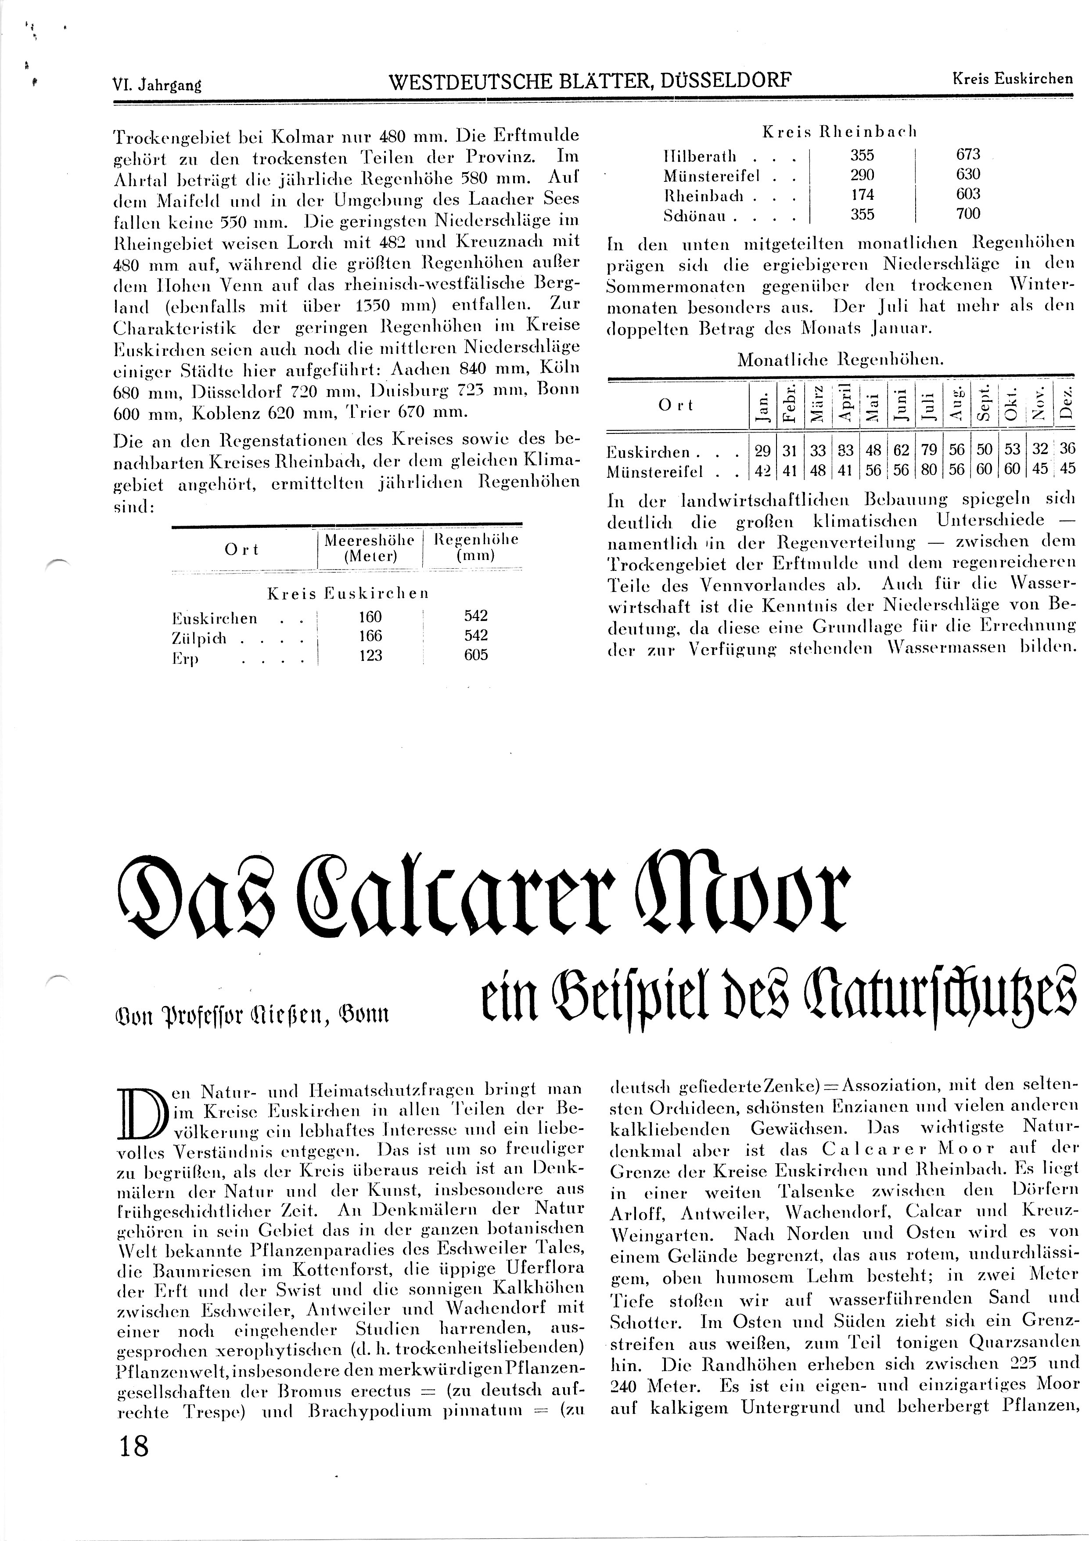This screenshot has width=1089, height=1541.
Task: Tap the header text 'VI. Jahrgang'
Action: [x=158, y=85]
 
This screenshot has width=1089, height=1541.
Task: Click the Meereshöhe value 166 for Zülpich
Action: [x=370, y=635]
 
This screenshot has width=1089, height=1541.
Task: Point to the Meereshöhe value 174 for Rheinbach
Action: [x=862, y=195]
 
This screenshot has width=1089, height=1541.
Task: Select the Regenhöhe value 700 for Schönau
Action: [x=968, y=214]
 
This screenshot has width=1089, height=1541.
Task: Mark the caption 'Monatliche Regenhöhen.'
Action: [x=840, y=360]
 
